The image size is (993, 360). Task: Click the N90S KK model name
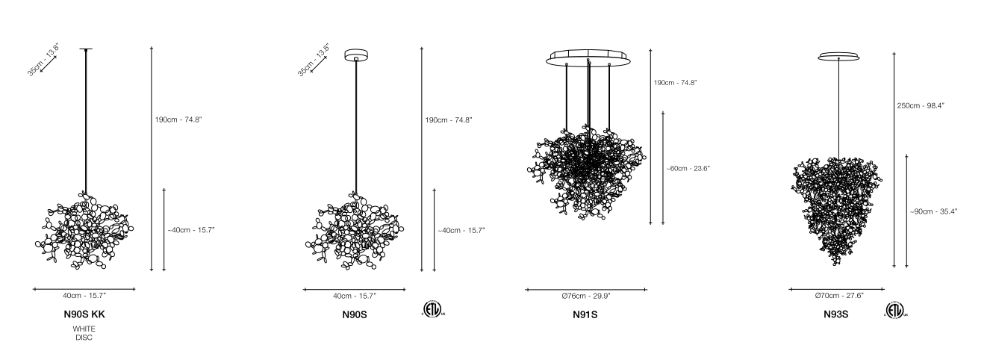click(x=84, y=314)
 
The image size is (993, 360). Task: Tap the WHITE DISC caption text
click(x=84, y=333)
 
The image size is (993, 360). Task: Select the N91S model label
click(x=585, y=314)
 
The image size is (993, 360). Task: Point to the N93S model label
click(x=835, y=314)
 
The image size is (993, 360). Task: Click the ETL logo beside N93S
click(x=896, y=311)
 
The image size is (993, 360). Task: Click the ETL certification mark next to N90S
click(x=433, y=309)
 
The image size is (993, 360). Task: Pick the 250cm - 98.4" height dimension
click(x=921, y=106)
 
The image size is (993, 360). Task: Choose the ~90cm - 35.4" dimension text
click(x=933, y=211)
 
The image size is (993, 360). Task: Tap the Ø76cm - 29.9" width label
click(x=585, y=297)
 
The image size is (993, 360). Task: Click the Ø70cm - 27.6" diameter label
click(x=839, y=296)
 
